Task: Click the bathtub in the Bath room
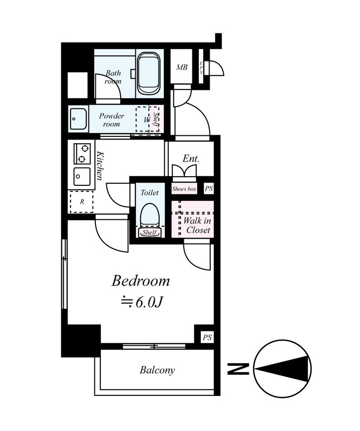pyautogui.click(x=149, y=74)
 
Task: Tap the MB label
pyautogui.click(x=182, y=67)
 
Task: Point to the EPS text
pyautogui.click(x=201, y=68)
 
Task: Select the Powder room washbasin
pyautogui.click(x=78, y=119)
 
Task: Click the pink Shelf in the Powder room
pyautogui.click(x=155, y=119)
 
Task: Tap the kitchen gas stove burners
pyautogui.click(x=82, y=154)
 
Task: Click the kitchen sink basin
pyautogui.click(x=82, y=177)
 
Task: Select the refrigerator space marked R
pyautogui.click(x=82, y=201)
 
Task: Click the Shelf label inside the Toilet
pyautogui.click(x=150, y=233)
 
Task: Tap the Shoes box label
pyautogui.click(x=184, y=189)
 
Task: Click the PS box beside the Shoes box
pyautogui.click(x=209, y=189)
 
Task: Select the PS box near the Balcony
pyautogui.click(x=207, y=337)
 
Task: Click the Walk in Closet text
pyautogui.click(x=197, y=225)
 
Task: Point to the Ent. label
pyautogui.click(x=191, y=158)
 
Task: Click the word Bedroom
pyautogui.click(x=141, y=281)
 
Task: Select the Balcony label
pyautogui.click(x=157, y=370)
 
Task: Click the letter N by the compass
pyautogui.click(x=238, y=369)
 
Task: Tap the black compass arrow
pyautogui.click(x=284, y=369)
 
